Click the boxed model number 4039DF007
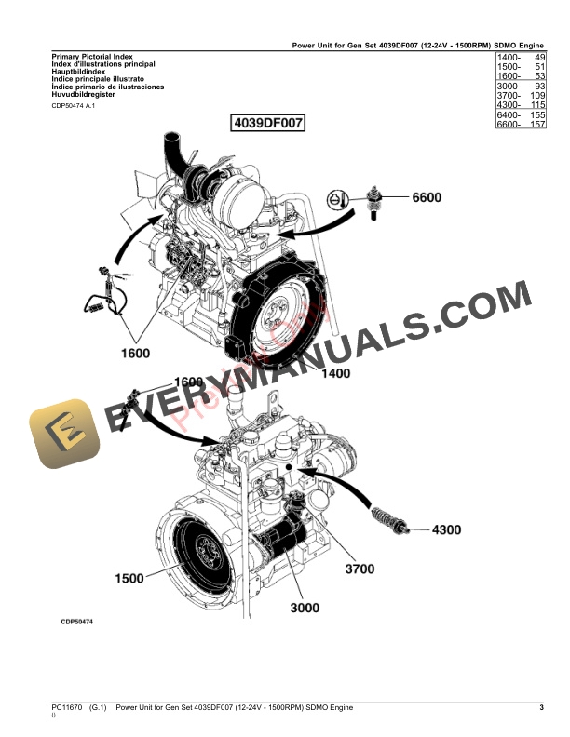[267, 123]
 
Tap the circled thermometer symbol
[336, 198]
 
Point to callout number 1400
[334, 373]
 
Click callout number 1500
[129, 578]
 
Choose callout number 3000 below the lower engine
[304, 608]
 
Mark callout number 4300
[445, 530]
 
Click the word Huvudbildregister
[86, 95]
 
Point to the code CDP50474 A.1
[73, 106]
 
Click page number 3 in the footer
[541, 709]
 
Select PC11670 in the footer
[67, 709]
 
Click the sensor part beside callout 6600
[376, 197]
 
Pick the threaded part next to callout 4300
[388, 519]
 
